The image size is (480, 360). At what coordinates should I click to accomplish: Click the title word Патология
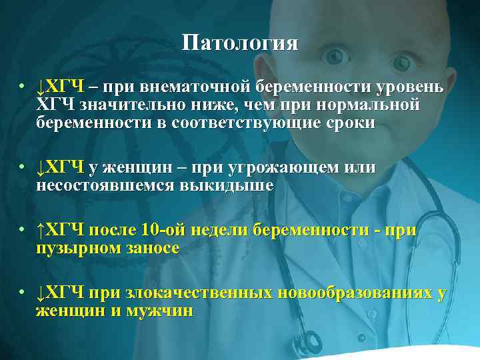tap(240, 43)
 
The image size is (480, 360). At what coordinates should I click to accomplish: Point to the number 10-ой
tap(165, 230)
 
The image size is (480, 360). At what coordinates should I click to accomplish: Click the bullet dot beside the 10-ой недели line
tap(22, 230)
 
